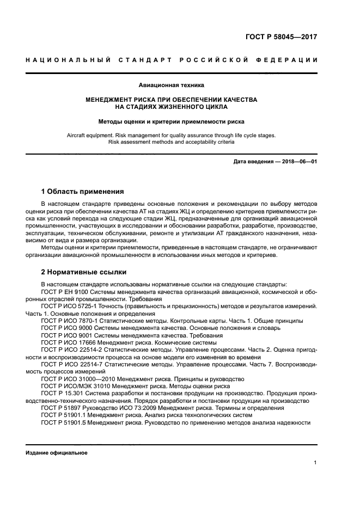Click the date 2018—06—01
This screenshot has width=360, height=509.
(x=298, y=162)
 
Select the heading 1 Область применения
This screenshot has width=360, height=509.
(x=83, y=192)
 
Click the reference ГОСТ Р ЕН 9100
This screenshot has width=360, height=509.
(x=64, y=292)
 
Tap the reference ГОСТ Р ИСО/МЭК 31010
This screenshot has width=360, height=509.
(x=75, y=385)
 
